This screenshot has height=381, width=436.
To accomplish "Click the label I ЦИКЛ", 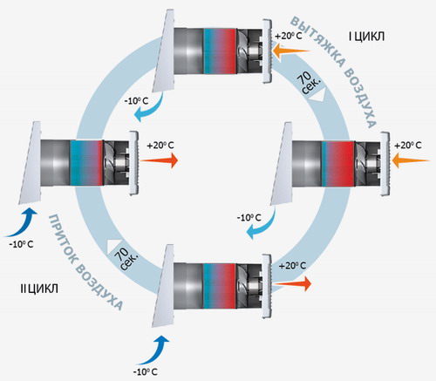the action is pyautogui.click(x=366, y=37).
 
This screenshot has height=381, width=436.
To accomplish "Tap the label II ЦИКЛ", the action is pyautogui.click(x=39, y=289).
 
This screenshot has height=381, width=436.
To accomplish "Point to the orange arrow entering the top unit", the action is pyautogui.click(x=291, y=51).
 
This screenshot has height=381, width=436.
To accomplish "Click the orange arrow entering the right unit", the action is pyautogui.click(x=411, y=160).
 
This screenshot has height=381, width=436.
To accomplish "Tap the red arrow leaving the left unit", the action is pyautogui.click(x=159, y=160).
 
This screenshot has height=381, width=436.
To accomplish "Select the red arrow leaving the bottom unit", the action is pyautogui.click(x=292, y=283).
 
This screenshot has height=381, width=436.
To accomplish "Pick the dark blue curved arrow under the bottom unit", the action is pyautogui.click(x=154, y=351).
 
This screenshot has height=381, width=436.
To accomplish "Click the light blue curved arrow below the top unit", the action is pyautogui.click(x=150, y=110).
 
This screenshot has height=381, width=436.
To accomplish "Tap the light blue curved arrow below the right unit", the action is pyautogui.click(x=262, y=225).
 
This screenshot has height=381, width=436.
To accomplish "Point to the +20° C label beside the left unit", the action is pyautogui.click(x=160, y=145).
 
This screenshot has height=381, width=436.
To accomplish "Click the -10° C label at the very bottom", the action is pyautogui.click(x=145, y=371).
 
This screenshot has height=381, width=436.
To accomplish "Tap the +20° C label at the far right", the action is pyautogui.click(x=407, y=145).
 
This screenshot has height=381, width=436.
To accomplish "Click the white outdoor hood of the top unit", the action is pyautogui.click(x=164, y=51).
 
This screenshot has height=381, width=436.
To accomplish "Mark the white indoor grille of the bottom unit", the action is pyautogui.click(x=267, y=286).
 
